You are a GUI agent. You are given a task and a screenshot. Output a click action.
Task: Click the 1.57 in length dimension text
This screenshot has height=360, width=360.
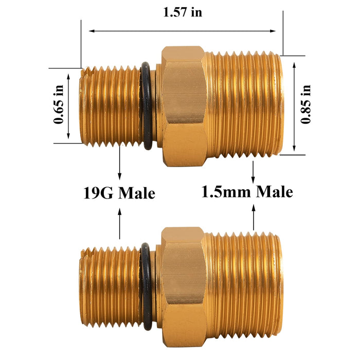(x=183, y=12)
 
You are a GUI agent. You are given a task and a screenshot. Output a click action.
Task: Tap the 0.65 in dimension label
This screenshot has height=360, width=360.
(x=58, y=105)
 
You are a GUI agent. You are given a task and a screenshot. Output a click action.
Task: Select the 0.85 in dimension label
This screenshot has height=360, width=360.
(x=306, y=104)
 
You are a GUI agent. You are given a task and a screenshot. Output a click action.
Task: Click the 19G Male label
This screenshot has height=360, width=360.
(x=119, y=193)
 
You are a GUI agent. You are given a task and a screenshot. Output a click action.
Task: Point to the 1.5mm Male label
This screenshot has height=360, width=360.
(x=247, y=191)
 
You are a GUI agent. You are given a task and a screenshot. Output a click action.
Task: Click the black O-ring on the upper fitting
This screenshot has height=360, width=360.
(x=146, y=106)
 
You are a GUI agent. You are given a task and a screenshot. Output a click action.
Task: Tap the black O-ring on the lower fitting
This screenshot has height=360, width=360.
(x=146, y=286)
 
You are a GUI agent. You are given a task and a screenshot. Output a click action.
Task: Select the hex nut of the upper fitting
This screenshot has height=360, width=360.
(x=183, y=105)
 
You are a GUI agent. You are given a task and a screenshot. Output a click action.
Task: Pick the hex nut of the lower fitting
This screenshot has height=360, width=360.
(x=183, y=286)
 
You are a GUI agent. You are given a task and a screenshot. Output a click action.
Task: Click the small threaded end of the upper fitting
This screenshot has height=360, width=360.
(x=110, y=106)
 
